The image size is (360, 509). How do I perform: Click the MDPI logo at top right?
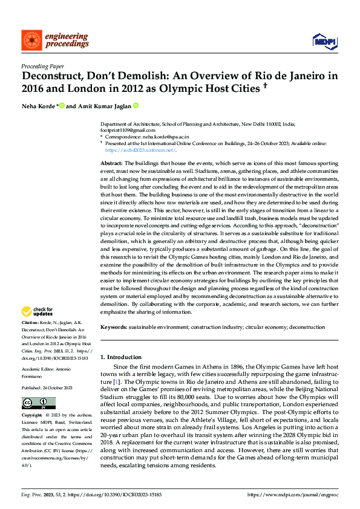[x=324, y=41]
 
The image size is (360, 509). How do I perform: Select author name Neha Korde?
[x=38, y=106]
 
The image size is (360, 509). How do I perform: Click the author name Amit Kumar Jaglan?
[x=103, y=106]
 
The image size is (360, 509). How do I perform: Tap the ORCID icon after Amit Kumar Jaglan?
[x=136, y=106]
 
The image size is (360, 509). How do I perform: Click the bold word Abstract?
[x=111, y=164]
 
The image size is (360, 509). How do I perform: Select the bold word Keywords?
[x=113, y=327]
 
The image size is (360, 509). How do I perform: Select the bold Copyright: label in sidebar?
[x=33, y=416]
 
